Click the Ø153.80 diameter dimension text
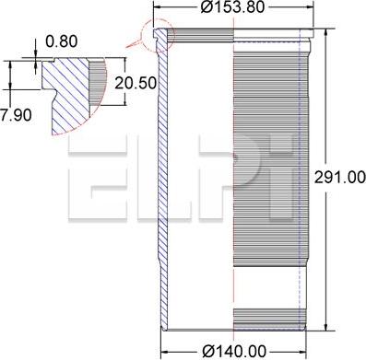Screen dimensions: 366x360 tap(232, 7)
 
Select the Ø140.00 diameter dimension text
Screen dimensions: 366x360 tap(234, 351)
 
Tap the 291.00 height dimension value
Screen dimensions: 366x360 tap(340, 178)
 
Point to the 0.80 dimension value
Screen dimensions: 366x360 tap(62, 41)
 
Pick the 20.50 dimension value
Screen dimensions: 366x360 tap(136, 83)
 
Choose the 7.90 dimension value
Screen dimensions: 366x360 tap(16, 115)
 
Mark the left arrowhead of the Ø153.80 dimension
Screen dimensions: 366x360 tap(158, 6)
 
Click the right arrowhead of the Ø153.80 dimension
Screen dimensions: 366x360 tap(309, 6)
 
